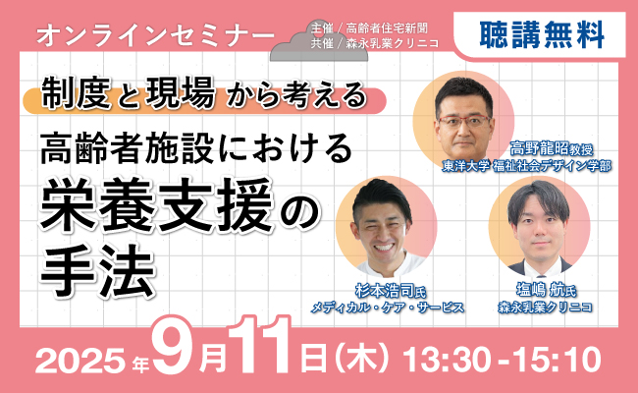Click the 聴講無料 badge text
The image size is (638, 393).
tap(542, 34)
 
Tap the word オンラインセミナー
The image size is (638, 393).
tap(155, 35)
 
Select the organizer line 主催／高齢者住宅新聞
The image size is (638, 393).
tap(369, 28)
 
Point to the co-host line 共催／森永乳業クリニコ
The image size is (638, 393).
tap(375, 43)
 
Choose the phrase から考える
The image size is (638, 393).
tap(297, 95)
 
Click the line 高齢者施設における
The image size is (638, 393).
tap(196, 148)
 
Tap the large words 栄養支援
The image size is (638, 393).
tap(156, 204)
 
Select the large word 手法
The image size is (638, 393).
tap(97, 270)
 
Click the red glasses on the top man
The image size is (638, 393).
tap(464, 121)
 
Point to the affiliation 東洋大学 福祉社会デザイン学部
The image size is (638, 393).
tap(527, 166)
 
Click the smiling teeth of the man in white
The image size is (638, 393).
tap(383, 247)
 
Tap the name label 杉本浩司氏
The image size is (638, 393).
tap(390, 292)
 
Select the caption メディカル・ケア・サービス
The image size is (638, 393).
tap(388, 308)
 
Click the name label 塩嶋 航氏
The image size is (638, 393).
tap(546, 291)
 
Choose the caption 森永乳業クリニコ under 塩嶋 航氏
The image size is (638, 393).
tap(546, 307)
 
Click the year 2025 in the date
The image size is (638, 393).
tap(80, 360)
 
